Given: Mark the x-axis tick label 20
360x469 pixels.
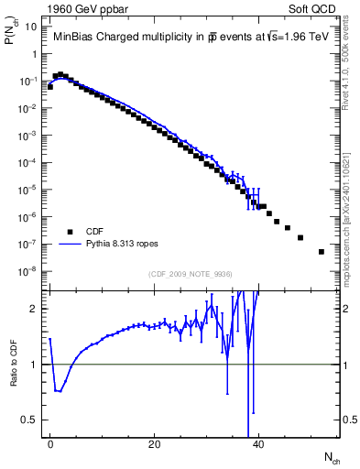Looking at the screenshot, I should (155, 443).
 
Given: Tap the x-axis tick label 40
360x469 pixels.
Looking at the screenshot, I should (259, 443).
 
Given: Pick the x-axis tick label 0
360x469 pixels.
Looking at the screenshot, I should (50, 443).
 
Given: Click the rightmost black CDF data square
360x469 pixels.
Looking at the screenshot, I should (322, 251).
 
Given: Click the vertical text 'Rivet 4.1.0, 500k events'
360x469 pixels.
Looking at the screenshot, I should (351, 69).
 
